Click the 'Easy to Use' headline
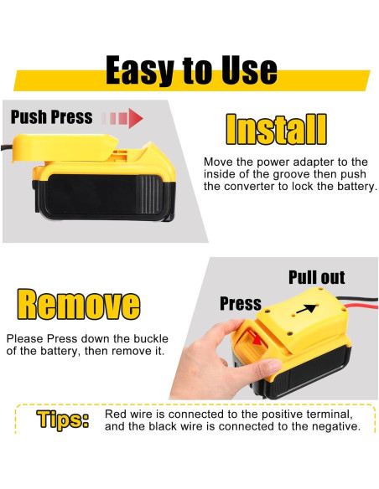190,71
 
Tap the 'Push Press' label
51,116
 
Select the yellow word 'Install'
276,131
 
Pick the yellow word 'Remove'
79,305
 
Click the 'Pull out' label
316,277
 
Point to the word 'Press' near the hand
241,303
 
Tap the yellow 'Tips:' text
63,420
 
